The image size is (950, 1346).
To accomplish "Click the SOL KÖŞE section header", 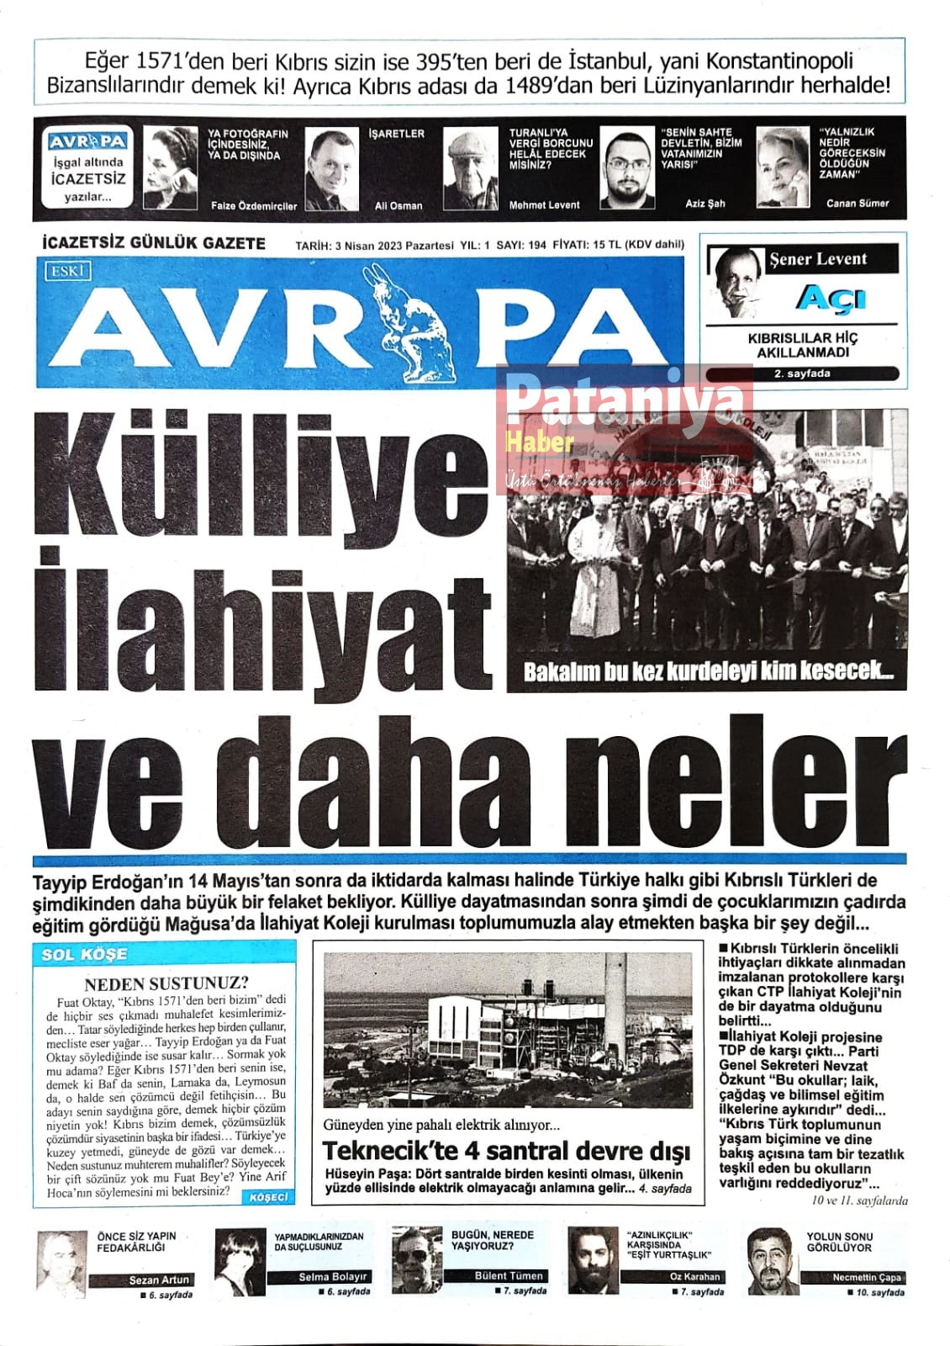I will (x=85, y=955).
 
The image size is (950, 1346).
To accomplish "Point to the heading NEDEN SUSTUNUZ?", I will (x=166, y=983).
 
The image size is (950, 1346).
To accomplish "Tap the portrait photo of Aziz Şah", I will (x=627, y=169).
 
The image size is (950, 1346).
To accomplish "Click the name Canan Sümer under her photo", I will (x=857, y=204).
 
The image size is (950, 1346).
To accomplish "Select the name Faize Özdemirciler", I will (x=253, y=205).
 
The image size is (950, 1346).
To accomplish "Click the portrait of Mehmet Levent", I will (x=471, y=168).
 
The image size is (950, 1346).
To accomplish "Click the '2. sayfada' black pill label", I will (x=803, y=374).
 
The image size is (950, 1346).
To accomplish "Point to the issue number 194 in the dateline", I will (x=537, y=245).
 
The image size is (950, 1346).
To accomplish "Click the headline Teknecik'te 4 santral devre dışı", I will (x=506, y=1151).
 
